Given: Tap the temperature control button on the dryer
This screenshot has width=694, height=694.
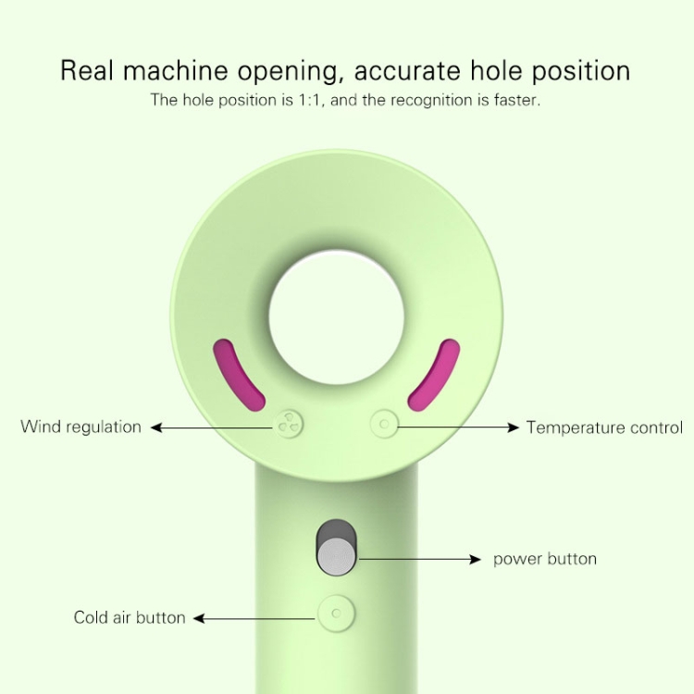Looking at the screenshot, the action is pos(384,424).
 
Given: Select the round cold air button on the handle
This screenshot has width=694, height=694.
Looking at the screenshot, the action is pos(337,613).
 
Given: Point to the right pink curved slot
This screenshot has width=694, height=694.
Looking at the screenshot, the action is pos(435,375).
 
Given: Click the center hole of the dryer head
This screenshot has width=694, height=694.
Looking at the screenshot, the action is pos(337,317).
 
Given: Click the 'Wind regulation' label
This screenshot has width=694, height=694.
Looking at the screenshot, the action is pos(81,428).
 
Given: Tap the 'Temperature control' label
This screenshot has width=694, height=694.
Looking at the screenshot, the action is pos(604,428).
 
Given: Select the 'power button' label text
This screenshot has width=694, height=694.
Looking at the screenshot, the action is pos(545,559).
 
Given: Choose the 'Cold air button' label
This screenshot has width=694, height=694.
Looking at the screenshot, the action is pos(130,617).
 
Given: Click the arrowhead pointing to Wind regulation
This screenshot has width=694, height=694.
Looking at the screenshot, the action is pos(155,428).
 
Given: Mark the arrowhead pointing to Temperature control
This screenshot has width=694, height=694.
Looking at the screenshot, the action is pos(514,428).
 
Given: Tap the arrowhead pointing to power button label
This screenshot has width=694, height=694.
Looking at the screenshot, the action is pos(476,560).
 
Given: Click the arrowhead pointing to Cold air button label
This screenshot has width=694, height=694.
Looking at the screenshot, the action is pos(199,618).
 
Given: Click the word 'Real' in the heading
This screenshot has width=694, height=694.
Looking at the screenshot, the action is pos(87,70).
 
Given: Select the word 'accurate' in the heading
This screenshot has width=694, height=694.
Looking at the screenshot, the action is pos(407,71).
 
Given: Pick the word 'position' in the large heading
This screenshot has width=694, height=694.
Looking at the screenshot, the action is pos(581,71).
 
